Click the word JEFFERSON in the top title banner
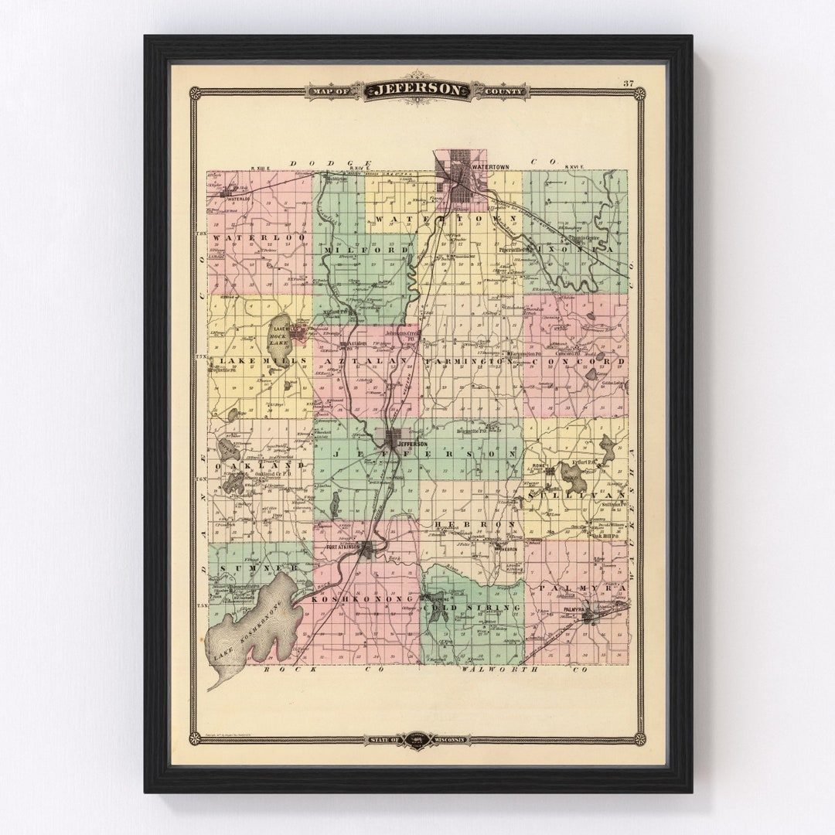tap(417, 90)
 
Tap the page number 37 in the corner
tap(629, 83)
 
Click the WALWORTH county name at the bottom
tap(494, 670)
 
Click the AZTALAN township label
tap(365, 361)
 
